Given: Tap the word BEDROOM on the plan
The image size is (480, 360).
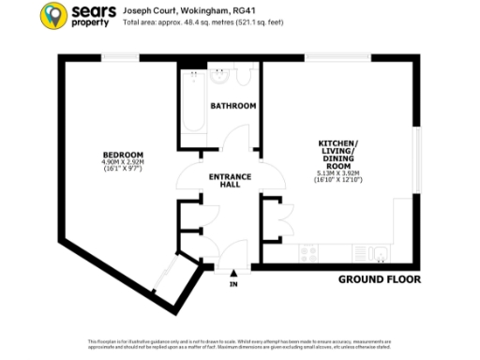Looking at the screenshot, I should click(123, 154).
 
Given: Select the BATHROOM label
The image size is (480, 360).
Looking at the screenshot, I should click(232, 106).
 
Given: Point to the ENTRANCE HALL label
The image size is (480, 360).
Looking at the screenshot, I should click(228, 180).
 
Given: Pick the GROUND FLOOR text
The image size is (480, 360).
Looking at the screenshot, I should click(379, 279).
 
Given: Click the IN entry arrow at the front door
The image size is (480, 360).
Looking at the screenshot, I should click(233, 278).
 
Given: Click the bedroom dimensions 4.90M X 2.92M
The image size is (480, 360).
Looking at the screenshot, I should click(123, 162).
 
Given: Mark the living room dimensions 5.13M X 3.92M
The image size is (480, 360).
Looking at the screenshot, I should click(338, 172).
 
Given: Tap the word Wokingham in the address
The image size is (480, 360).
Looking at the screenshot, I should click(182, 8).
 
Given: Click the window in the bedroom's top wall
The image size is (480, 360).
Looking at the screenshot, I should click(122, 58).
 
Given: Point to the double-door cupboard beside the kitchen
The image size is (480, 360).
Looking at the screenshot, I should click(280, 217).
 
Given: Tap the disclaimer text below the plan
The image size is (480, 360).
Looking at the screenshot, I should click(240, 343).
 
